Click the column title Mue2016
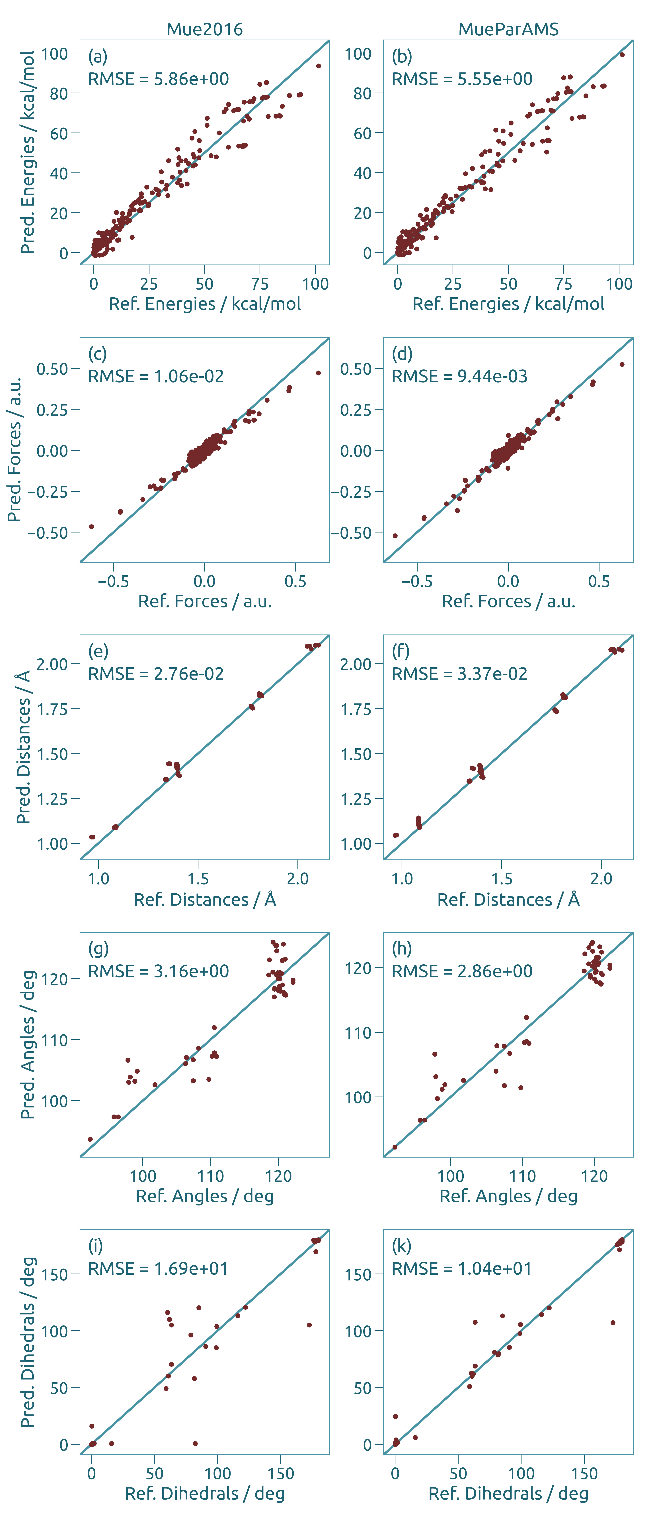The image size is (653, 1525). pos(205,29)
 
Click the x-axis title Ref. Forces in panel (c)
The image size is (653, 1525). pos(205,601)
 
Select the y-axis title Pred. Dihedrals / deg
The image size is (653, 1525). pos(27,1343)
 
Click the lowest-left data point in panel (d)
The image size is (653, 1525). pos(395,536)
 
